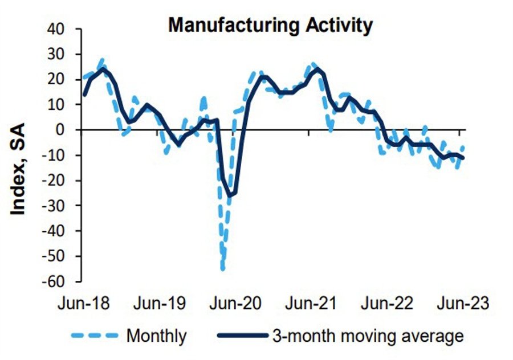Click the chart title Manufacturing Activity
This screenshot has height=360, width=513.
[x=270, y=25]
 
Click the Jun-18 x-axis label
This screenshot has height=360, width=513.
[x=84, y=303]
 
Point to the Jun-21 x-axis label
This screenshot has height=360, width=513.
[x=311, y=303]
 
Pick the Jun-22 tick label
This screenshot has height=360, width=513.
[x=386, y=303]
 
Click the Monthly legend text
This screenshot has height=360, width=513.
[x=156, y=336]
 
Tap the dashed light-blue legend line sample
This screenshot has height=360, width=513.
[x=95, y=336]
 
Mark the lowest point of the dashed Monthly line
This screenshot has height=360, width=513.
[x=222, y=269]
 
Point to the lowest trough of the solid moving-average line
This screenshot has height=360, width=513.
[x=230, y=196]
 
